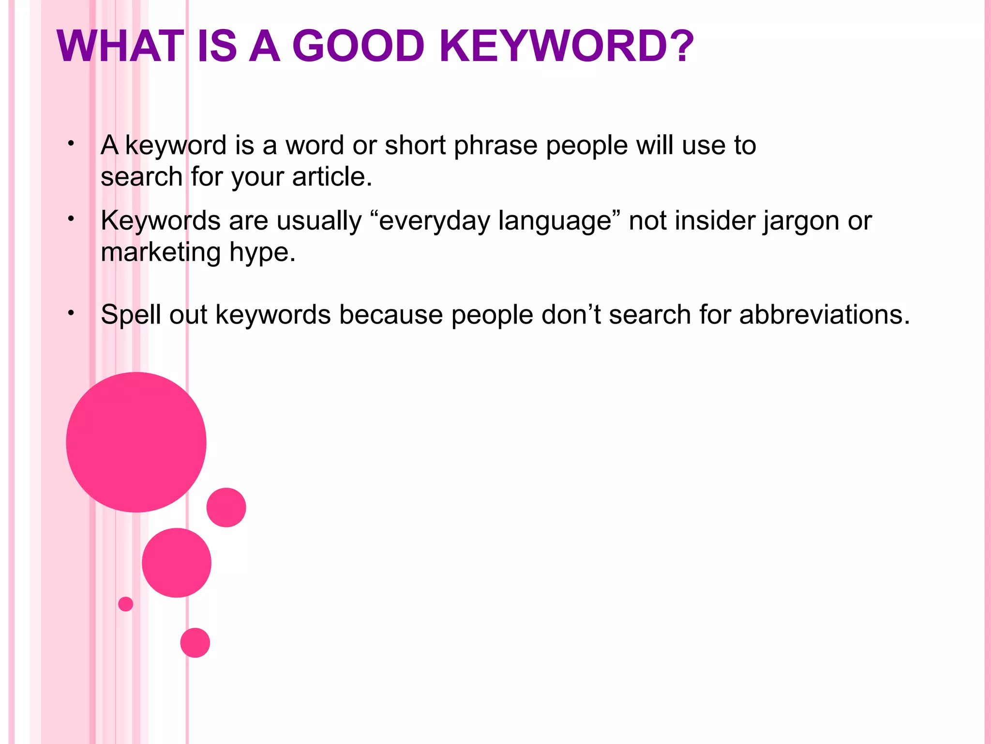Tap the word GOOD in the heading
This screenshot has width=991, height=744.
click(358, 46)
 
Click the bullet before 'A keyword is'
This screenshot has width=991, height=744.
click(71, 143)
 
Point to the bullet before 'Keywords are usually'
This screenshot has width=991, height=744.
click(71, 219)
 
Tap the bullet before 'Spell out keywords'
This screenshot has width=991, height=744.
click(71, 313)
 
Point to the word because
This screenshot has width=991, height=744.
click(391, 315)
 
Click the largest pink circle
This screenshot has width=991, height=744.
click(136, 442)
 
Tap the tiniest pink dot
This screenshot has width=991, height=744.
click(125, 604)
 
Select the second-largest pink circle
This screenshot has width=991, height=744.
click(177, 562)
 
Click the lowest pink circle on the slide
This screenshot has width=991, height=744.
click(195, 642)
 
